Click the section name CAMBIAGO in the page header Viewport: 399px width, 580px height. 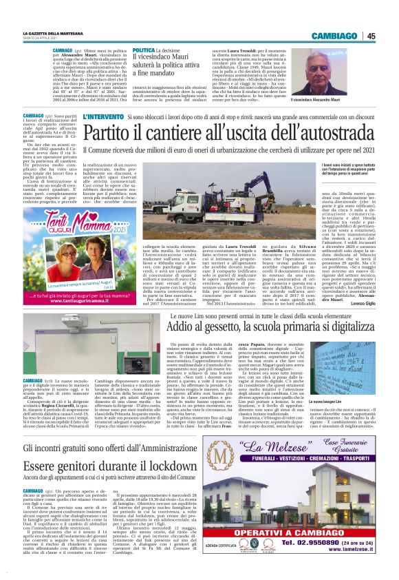point(334,36)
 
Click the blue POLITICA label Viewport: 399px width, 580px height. point(144,50)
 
